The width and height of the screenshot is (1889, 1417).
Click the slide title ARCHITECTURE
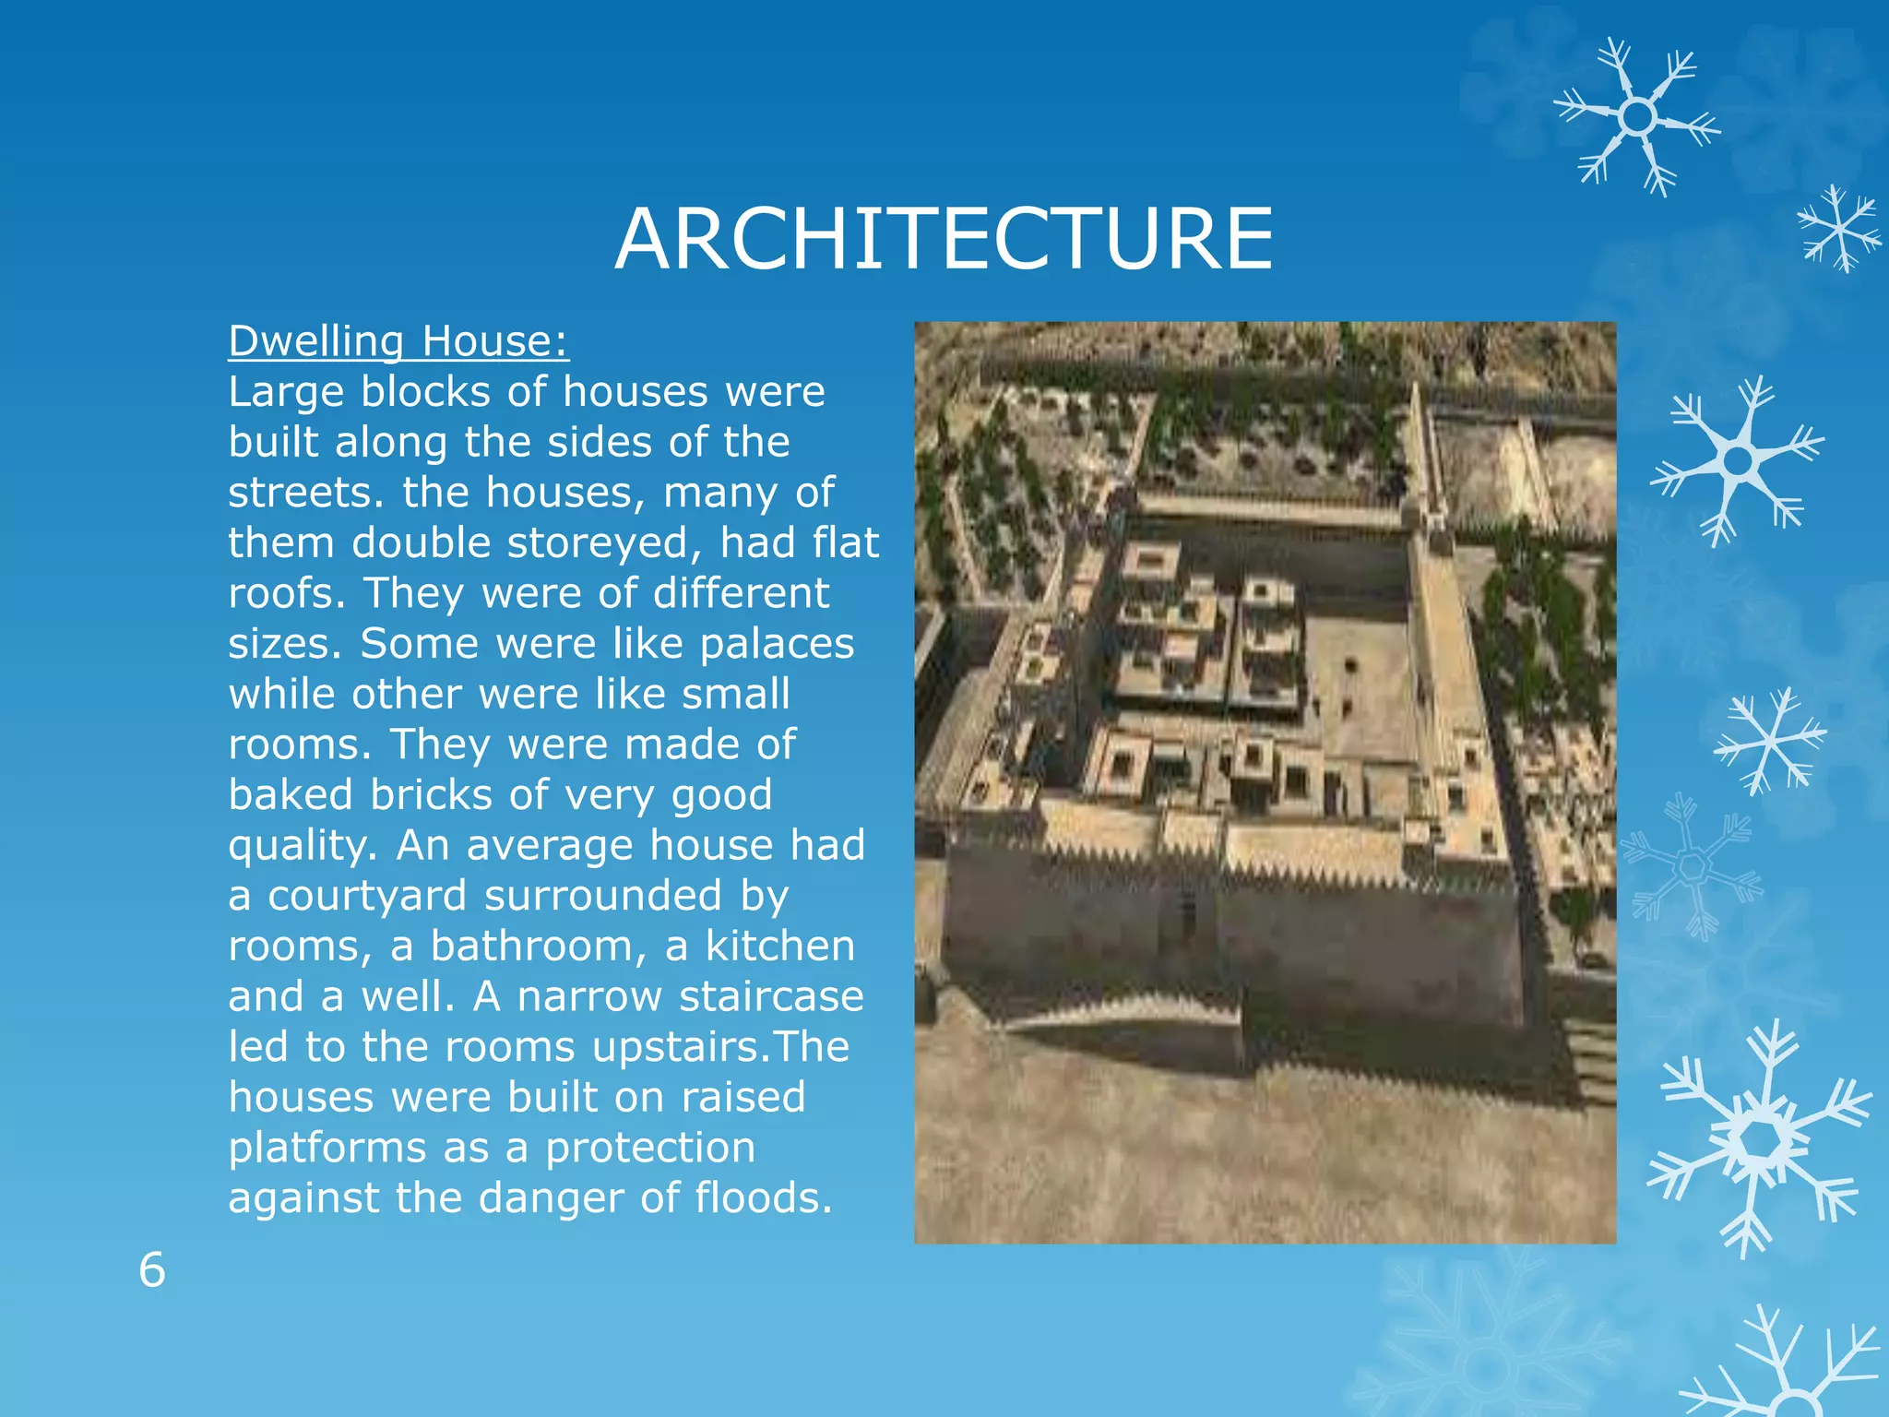[944, 239]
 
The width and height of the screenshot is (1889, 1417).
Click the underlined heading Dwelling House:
[398, 341]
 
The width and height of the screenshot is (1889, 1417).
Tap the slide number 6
[152, 1270]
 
